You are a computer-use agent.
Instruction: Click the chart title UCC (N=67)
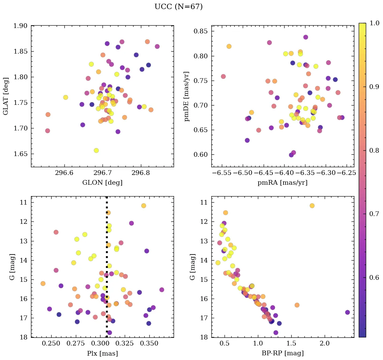point(178,7)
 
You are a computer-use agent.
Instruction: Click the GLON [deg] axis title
point(102,183)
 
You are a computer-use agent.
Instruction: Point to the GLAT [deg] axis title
point(6,96)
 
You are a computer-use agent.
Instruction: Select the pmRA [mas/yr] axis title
point(283,183)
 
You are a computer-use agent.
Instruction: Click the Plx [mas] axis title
point(102,354)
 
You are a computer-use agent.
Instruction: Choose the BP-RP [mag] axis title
point(283,354)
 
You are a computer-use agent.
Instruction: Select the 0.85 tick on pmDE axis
point(202,31)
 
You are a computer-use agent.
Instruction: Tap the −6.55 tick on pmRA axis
point(221,173)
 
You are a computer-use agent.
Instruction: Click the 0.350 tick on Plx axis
point(149,344)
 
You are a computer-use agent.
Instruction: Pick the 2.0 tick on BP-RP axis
point(325,344)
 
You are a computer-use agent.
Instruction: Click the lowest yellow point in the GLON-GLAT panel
point(96,150)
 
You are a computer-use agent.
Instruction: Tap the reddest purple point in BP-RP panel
point(348,312)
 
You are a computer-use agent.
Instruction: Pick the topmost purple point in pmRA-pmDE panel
point(305,37)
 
